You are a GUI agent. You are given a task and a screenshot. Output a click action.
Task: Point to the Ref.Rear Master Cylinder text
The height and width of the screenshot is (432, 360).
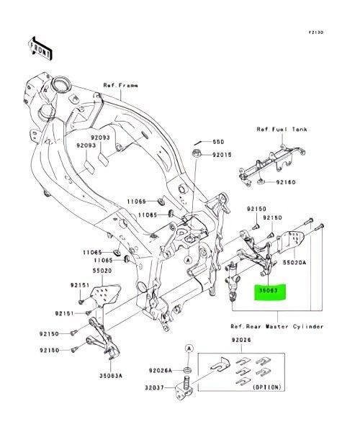click(x=277, y=325)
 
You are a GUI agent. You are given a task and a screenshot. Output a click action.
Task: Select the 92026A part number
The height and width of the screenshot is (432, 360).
click(x=162, y=370)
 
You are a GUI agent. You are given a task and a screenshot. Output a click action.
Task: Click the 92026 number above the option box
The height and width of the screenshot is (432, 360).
click(x=240, y=340)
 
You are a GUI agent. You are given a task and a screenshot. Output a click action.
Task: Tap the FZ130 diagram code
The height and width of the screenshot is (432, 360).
click(x=316, y=32)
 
